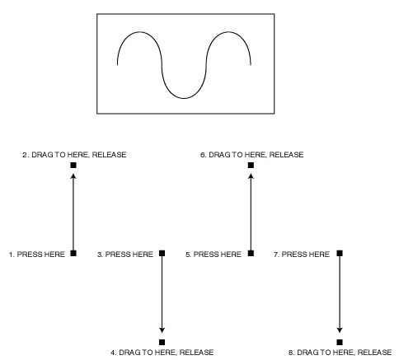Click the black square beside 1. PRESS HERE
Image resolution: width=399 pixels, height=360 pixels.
click(73, 253)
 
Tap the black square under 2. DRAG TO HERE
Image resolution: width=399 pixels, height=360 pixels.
click(73, 166)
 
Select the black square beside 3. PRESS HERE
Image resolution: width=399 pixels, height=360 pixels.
click(162, 253)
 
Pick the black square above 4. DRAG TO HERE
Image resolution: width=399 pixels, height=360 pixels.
click(162, 342)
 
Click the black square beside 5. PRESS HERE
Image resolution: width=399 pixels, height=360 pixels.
click(251, 253)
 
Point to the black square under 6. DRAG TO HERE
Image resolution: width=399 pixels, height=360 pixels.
click(251, 166)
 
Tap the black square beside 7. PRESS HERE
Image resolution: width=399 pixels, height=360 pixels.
click(340, 253)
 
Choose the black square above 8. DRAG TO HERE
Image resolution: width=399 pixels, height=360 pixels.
click(340, 342)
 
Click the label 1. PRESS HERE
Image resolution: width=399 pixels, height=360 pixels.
click(37, 255)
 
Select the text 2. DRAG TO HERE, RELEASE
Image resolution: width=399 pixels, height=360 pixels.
click(74, 155)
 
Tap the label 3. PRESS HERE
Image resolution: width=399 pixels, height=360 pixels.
click(125, 255)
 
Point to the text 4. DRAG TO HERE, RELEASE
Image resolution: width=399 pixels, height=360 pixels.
click(162, 353)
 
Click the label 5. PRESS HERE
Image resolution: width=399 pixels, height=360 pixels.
click(214, 255)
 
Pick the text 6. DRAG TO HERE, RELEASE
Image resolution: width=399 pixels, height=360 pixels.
click(252, 155)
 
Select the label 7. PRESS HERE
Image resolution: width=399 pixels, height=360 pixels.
click(302, 255)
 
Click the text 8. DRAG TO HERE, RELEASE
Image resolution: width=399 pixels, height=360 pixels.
click(340, 353)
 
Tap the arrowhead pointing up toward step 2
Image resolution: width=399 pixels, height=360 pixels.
click(73, 176)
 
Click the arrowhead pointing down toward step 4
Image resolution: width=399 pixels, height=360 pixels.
click(162, 330)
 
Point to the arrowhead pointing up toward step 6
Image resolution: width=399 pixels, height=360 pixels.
click(251, 176)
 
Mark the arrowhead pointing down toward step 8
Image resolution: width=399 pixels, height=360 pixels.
click(340, 330)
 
